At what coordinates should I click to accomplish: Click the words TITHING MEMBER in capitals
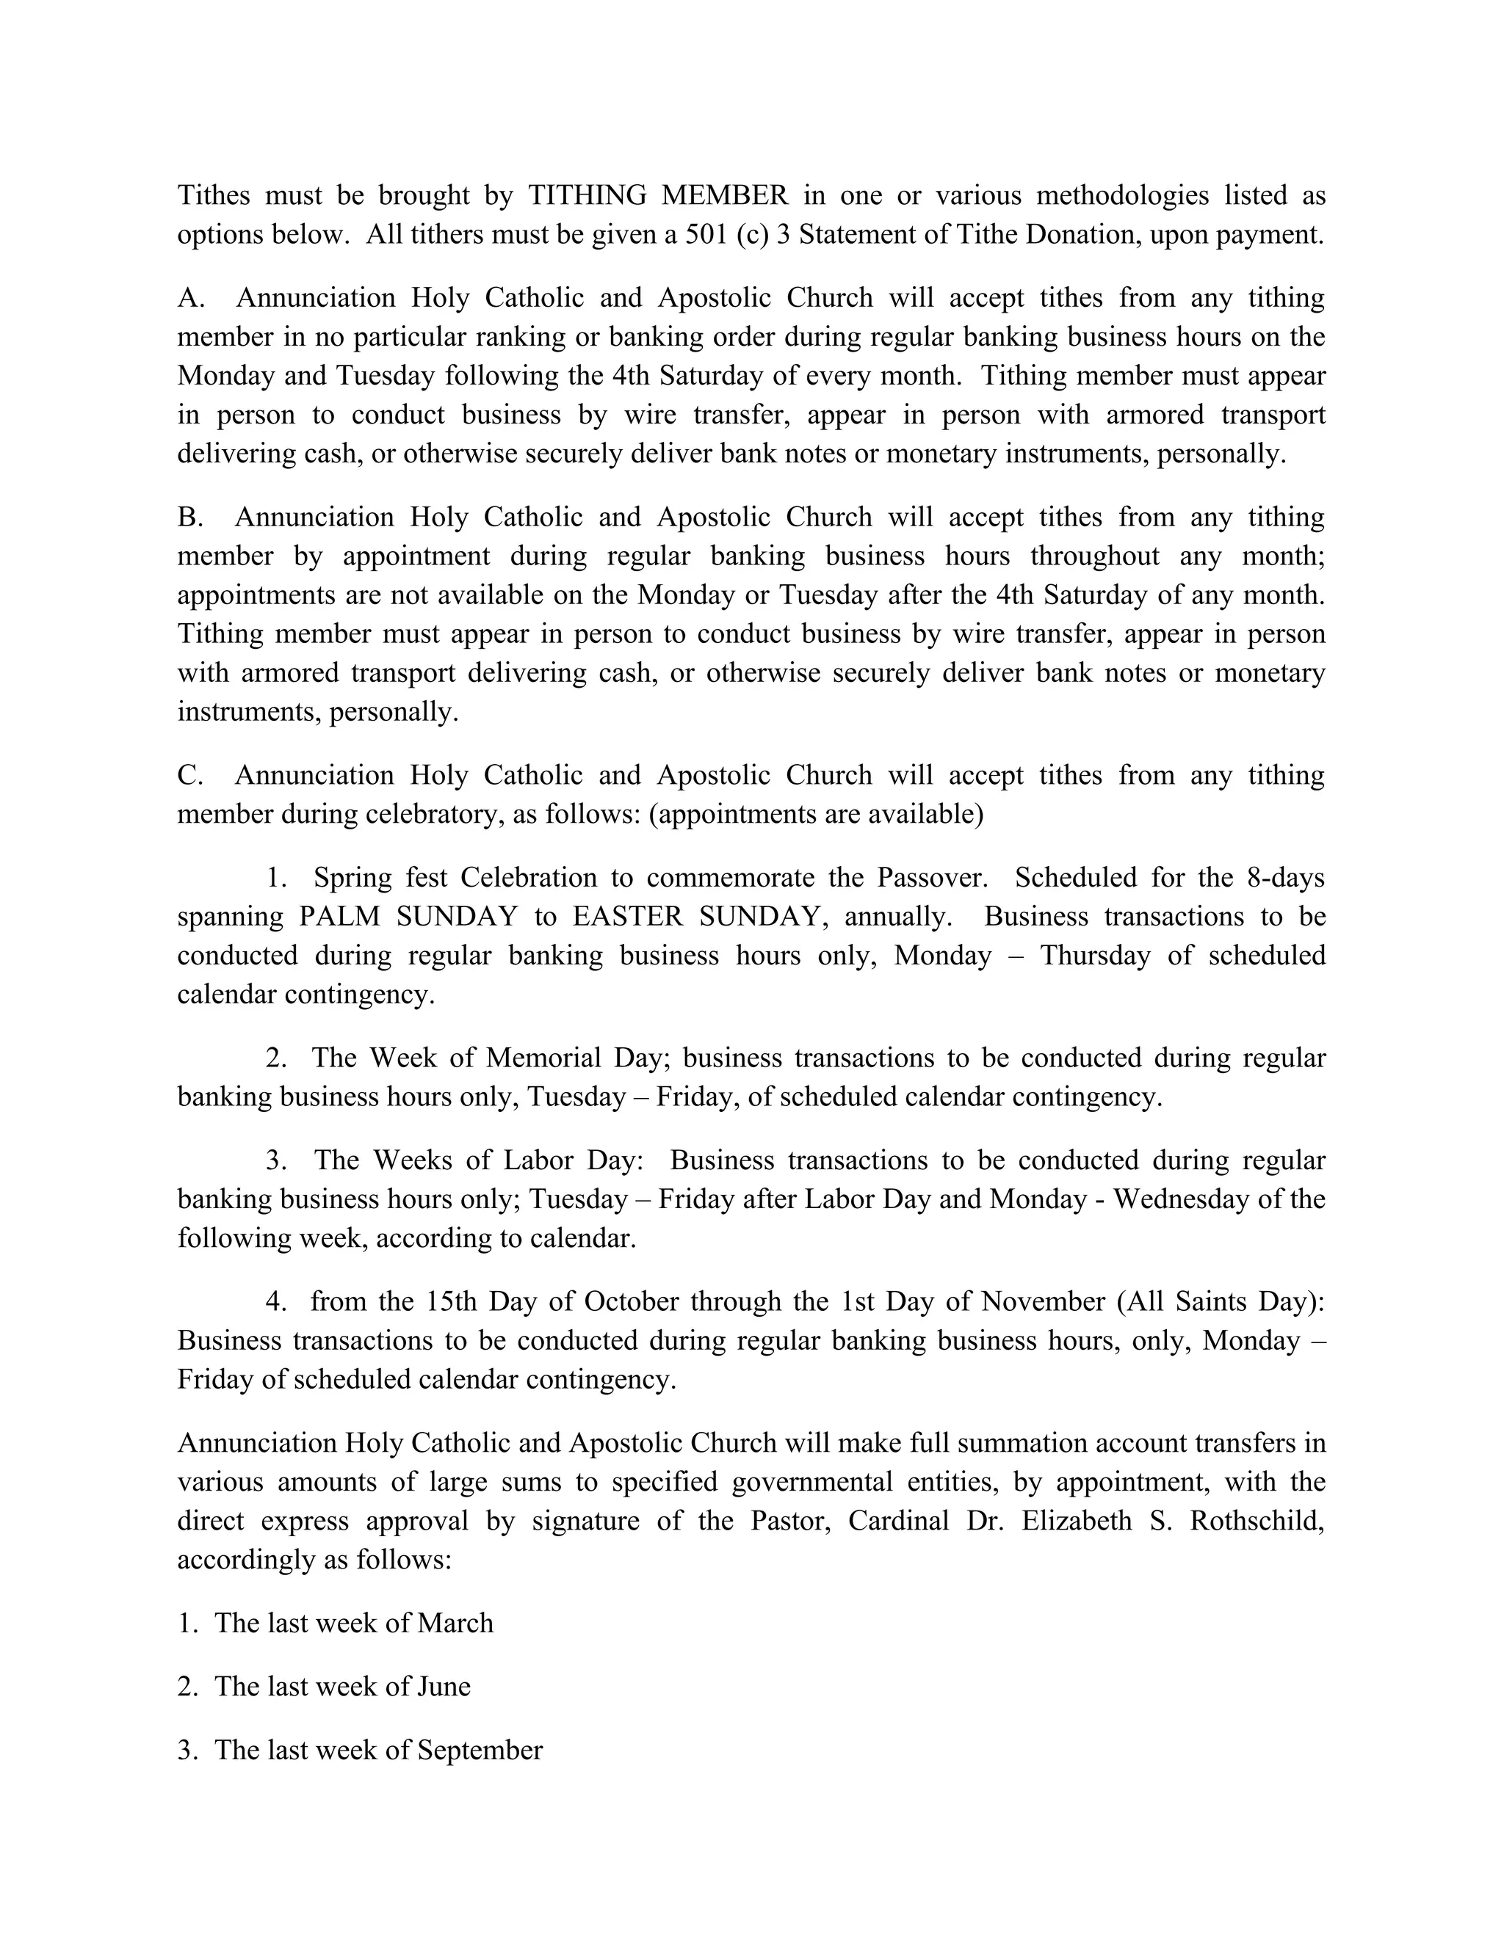pos(657,195)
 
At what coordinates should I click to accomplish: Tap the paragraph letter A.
pos(189,297)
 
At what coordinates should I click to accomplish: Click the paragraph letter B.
pos(189,517)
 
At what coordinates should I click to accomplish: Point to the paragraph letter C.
pos(189,776)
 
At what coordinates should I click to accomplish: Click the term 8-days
pos(1283,878)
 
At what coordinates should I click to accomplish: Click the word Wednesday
pos(1182,1199)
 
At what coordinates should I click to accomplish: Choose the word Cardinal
pos(898,1521)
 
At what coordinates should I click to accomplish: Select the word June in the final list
pos(444,1687)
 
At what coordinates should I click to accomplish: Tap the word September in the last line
pos(480,1750)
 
